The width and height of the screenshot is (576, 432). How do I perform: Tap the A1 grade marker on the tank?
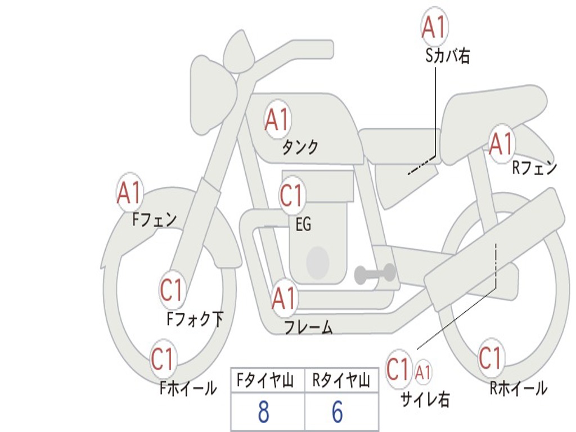point(277,119)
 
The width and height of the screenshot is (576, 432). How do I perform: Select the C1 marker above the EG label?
point(291,196)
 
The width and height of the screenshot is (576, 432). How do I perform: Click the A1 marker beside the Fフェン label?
point(130,192)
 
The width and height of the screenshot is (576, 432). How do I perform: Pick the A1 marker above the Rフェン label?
point(501,144)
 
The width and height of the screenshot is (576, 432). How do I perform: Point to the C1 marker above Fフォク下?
point(172,290)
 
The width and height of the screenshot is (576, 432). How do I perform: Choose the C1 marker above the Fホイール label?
point(163,359)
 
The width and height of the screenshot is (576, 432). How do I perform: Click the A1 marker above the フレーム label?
point(284,299)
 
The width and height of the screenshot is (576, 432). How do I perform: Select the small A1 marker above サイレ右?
point(424,371)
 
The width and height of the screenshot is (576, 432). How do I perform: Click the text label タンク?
point(300,147)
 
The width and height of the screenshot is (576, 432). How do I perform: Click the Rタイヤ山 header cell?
point(341,381)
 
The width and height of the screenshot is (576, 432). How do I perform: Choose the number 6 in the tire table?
point(337,412)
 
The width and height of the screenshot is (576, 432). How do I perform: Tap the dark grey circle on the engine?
point(318,262)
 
